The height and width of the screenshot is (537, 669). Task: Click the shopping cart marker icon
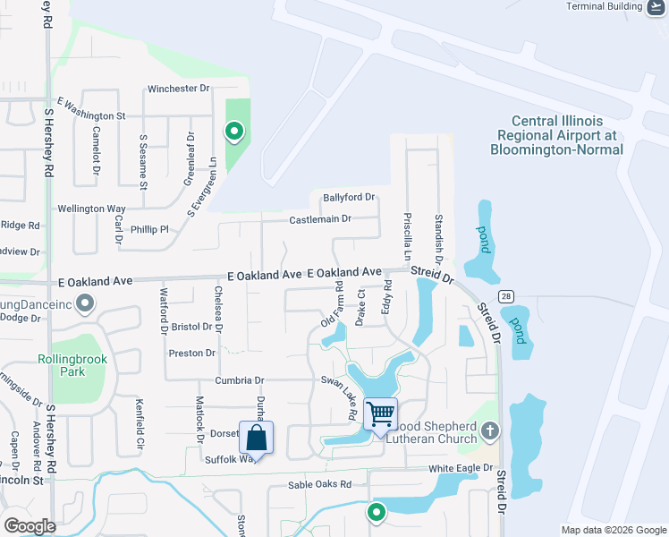(x=381, y=414)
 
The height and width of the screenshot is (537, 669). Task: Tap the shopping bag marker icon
(x=256, y=439)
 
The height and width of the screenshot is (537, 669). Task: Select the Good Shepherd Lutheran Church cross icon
(x=488, y=431)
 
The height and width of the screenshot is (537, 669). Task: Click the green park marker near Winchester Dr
(x=234, y=132)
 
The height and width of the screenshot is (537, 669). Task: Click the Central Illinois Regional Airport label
(x=556, y=135)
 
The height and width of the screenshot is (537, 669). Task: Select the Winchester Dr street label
(x=178, y=89)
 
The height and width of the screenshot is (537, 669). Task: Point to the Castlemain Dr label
(x=320, y=219)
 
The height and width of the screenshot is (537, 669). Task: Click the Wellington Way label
(x=91, y=209)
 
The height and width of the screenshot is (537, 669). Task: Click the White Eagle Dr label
(x=461, y=468)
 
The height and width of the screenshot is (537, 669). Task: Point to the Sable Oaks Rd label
(x=319, y=485)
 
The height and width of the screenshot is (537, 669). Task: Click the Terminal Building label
(x=604, y=6)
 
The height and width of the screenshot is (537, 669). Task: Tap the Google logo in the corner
(x=30, y=526)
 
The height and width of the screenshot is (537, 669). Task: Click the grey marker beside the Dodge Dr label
(x=85, y=303)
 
